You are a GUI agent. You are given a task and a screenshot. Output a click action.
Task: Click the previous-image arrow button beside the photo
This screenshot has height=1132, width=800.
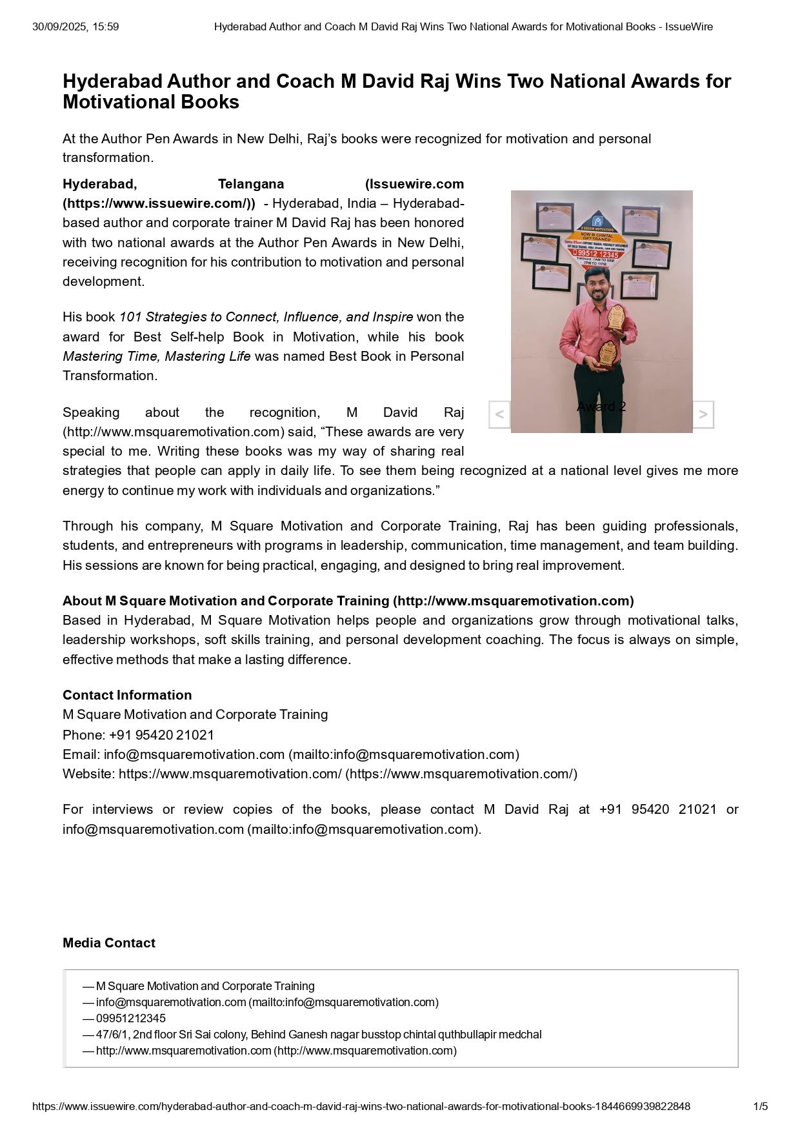tap(499, 414)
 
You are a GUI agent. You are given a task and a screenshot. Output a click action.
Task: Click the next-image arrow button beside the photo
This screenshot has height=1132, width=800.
tap(703, 414)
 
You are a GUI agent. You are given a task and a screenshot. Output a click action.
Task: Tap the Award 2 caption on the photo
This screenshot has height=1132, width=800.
tap(601, 407)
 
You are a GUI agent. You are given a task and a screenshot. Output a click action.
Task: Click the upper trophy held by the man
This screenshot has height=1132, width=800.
tap(617, 317)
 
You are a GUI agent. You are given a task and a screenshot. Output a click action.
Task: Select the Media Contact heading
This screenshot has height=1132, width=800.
tap(109, 943)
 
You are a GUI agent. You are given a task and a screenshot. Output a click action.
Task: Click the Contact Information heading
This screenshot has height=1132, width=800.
tap(127, 695)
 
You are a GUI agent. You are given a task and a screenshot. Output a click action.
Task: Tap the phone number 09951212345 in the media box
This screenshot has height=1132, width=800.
tap(131, 1018)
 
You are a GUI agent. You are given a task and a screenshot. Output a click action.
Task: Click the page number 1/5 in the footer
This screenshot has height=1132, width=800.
tap(761, 1106)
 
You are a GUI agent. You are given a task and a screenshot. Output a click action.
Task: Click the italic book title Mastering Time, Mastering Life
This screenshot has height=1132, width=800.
tap(157, 356)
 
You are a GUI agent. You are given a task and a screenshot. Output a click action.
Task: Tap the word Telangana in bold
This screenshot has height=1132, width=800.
tap(251, 184)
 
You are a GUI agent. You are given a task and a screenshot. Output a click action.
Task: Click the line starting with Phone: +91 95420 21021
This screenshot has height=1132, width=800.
tap(139, 735)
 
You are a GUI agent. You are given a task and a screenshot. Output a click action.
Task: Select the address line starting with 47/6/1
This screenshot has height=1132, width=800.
tap(319, 1035)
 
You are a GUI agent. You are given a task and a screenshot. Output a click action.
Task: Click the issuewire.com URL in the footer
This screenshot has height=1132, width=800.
tap(361, 1106)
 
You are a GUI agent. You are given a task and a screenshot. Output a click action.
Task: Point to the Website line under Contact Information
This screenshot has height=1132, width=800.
tap(320, 774)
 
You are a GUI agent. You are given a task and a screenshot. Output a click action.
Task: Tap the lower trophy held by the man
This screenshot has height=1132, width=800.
tap(606, 354)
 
